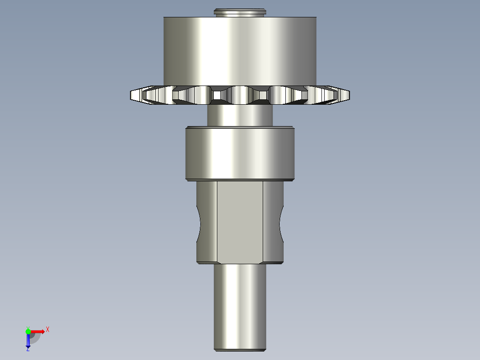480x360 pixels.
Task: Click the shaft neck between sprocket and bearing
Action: tap(240, 115)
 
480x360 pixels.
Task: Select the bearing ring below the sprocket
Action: tap(240, 154)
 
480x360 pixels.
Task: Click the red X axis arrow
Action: tap(38, 331)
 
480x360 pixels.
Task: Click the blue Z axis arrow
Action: tap(28, 341)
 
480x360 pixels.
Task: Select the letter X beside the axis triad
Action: tap(48, 329)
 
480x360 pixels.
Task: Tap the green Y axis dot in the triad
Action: tap(28, 331)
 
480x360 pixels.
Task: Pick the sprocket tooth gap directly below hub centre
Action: tap(240, 94)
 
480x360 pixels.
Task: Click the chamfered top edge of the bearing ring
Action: tap(240, 128)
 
